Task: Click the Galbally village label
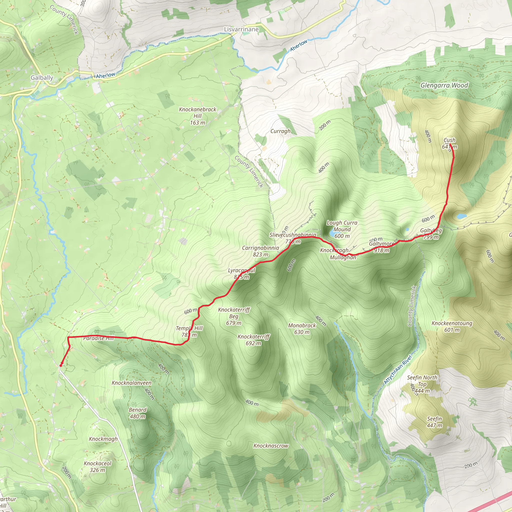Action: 42,78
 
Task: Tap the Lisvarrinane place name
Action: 241,29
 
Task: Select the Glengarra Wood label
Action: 444,85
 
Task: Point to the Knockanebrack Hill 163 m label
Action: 197,116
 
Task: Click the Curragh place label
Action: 280,131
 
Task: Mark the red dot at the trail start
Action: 61,365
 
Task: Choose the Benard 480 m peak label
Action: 137,413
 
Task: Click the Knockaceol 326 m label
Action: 97,466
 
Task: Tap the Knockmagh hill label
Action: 103,439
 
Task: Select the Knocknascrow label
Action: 270,446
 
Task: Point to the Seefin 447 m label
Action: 434,422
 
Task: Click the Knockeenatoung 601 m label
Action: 452,326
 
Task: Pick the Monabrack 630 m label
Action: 302,328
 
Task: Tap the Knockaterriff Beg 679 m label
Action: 234,316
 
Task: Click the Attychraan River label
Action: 398,370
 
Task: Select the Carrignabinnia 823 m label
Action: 260,251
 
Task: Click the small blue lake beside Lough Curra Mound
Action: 331,233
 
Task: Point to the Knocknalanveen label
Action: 131,383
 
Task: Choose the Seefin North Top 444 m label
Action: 422,384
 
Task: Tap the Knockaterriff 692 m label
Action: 253,340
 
